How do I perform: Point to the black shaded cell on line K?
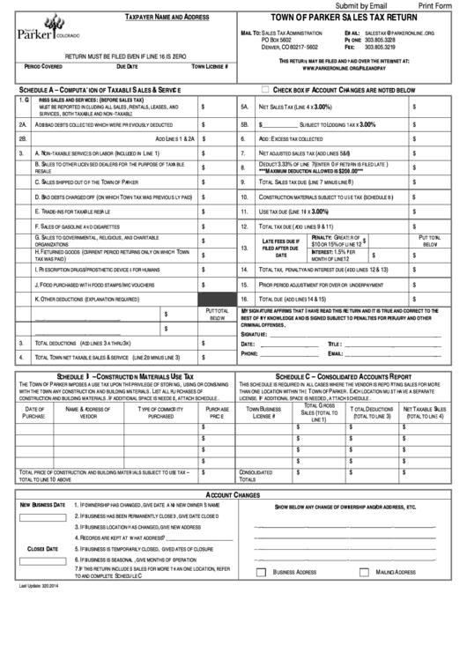pyautogui.click(x=217, y=300)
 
